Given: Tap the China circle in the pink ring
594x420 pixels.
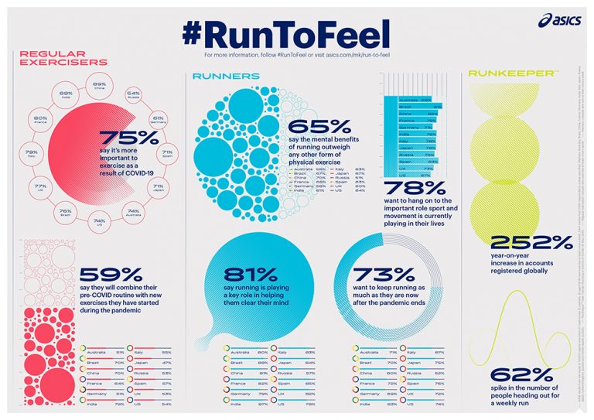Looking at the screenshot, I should (x=99, y=87).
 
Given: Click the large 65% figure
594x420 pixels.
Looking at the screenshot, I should (x=311, y=128).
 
